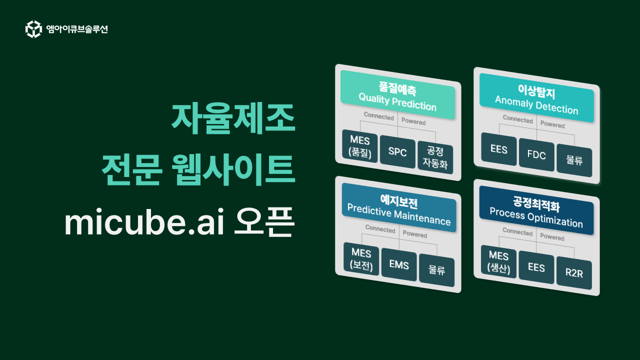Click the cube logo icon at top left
pyautogui.click(x=33, y=29)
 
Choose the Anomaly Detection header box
pyautogui.click(x=536, y=98)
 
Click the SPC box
pyautogui.click(x=397, y=152)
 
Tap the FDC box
pyautogui.click(x=536, y=155)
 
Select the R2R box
pyautogui.click(x=573, y=274)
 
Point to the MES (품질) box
pyautogui.click(x=360, y=147)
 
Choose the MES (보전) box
pyautogui.click(x=361, y=259)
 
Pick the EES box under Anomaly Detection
pyautogui.click(x=499, y=149)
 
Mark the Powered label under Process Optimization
pyautogui.click(x=552, y=237)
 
